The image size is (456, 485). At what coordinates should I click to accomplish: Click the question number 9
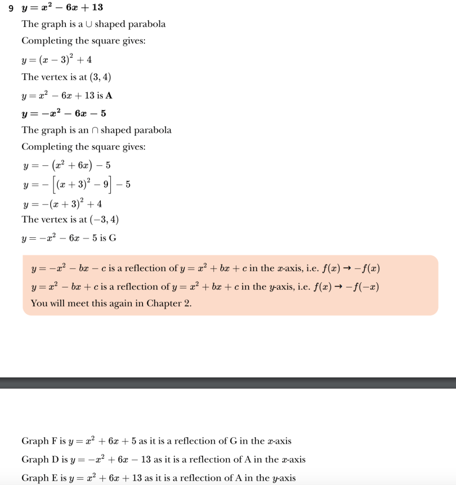tap(11, 8)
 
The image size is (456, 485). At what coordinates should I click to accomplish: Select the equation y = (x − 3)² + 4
tap(57, 60)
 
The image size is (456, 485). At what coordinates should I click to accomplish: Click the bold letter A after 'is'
tap(109, 96)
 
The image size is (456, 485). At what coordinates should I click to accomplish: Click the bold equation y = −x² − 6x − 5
tap(64, 113)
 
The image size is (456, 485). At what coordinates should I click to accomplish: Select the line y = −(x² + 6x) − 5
tap(67, 165)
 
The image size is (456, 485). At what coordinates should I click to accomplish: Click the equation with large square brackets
tap(76, 184)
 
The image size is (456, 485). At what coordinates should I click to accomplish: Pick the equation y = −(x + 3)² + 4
tap(62, 204)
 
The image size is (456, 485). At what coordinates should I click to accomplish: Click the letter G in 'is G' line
tap(113, 238)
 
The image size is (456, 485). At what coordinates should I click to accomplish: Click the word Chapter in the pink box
tap(164, 303)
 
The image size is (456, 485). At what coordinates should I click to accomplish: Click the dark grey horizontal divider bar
tap(228, 383)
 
